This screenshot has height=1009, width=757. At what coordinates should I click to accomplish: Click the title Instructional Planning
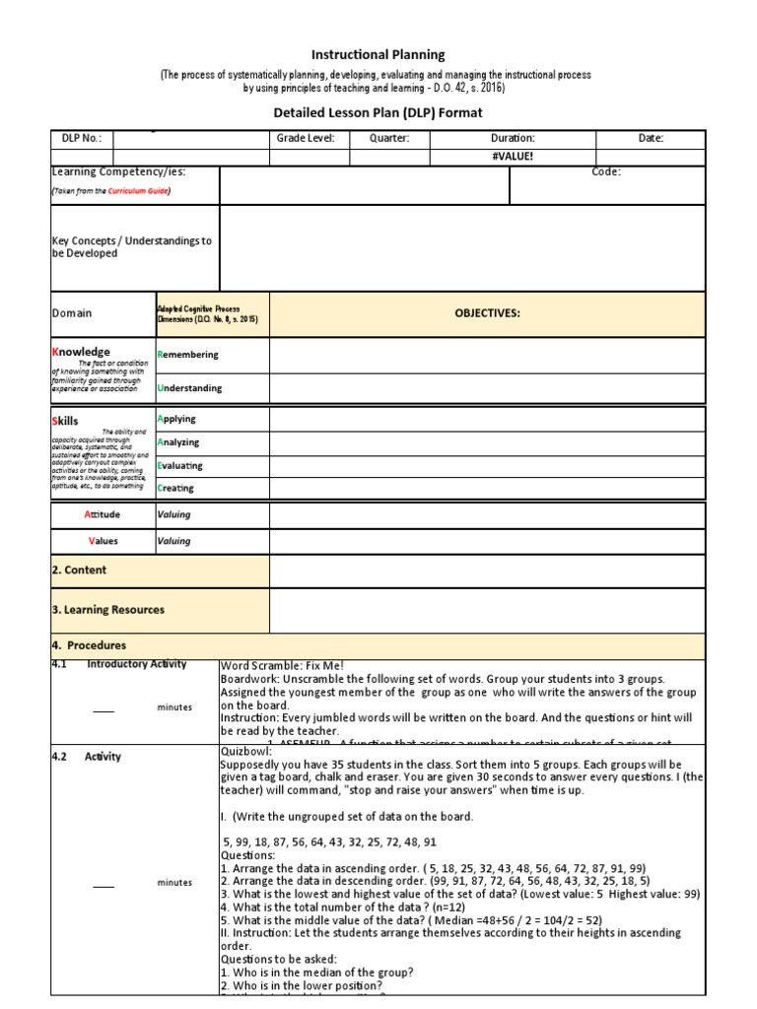tap(378, 55)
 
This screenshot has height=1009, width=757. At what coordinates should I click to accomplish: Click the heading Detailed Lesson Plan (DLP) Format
tap(378, 113)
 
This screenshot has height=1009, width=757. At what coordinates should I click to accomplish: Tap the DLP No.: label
tap(76, 139)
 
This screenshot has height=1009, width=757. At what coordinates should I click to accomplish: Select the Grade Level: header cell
tap(306, 139)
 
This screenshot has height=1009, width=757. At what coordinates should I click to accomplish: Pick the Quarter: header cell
tap(388, 139)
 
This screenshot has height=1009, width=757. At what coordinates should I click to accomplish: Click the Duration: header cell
tap(513, 139)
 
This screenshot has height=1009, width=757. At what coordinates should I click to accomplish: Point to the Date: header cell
tap(651, 139)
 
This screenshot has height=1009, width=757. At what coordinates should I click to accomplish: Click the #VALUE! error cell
tap(513, 157)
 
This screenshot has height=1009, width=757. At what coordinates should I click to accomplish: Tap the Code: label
tap(606, 171)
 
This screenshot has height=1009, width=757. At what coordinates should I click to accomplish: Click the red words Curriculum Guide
tap(138, 191)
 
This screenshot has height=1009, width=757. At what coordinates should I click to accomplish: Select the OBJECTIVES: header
tap(487, 313)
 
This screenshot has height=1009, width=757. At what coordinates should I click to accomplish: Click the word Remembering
tap(187, 355)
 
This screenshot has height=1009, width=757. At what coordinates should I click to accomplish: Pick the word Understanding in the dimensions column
tap(189, 388)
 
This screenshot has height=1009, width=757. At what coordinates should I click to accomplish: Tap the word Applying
tap(176, 419)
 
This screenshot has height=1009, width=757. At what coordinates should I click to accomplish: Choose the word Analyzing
tap(178, 442)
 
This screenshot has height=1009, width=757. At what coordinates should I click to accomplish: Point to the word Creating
tap(175, 488)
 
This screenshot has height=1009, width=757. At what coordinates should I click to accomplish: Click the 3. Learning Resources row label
tap(107, 610)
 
